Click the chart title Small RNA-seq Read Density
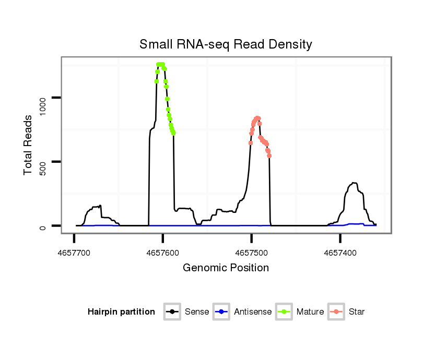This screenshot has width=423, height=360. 226,44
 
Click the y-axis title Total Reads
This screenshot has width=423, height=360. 29,145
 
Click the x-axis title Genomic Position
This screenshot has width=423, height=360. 226,268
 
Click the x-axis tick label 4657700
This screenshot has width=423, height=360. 74,253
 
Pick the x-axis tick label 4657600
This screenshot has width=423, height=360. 163,253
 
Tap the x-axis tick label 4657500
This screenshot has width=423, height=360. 252,253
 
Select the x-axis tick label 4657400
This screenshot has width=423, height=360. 340,253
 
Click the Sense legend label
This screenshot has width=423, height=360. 197,312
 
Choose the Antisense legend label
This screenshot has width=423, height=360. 253,312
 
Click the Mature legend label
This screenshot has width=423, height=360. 310,312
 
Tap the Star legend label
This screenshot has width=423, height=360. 357,312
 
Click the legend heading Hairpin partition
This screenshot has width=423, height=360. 121,312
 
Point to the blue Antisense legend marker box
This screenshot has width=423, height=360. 222,312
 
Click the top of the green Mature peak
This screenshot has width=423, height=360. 160,64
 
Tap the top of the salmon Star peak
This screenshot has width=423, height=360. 257,118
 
